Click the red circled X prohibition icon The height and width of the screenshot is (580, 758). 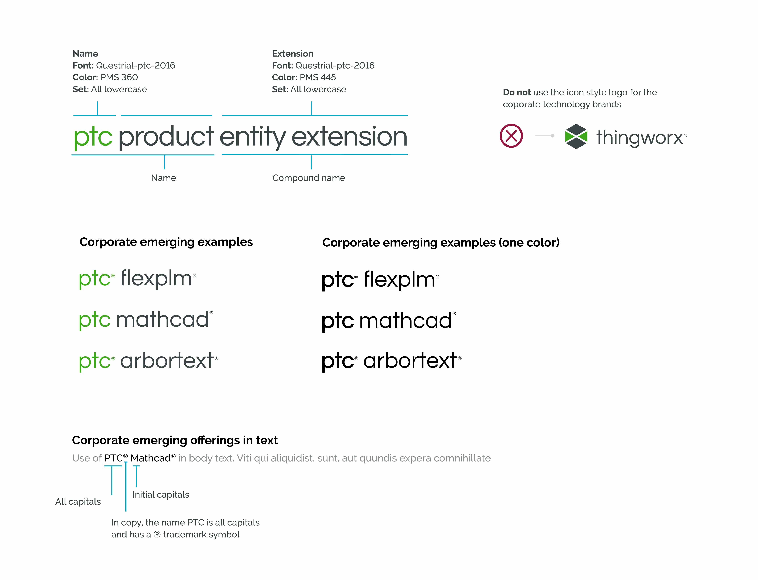[x=511, y=136]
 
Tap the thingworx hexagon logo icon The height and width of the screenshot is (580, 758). [x=576, y=136]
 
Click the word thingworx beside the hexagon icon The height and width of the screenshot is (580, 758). [x=640, y=137]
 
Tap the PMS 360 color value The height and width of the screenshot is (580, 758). [x=119, y=77]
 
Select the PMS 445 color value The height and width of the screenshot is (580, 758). [x=318, y=77]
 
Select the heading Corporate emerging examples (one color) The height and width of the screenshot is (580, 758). [x=441, y=242]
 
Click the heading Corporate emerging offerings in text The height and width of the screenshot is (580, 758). [x=175, y=440]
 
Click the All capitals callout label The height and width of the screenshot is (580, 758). [x=78, y=502]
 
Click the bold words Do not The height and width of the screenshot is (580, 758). [x=517, y=92]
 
